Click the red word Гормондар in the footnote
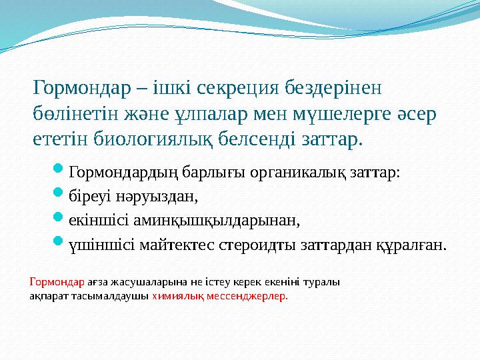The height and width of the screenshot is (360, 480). click(x=57, y=282)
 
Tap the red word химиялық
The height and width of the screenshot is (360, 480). click(x=175, y=297)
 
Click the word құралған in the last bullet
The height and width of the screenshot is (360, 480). click(x=413, y=245)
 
